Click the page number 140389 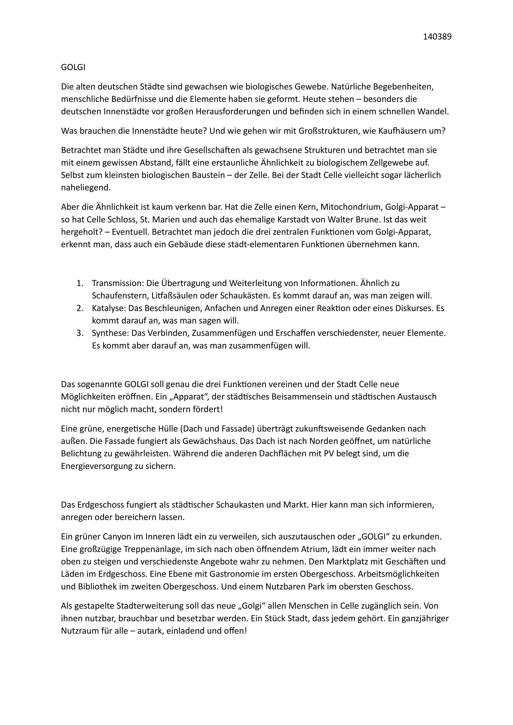click(x=437, y=37)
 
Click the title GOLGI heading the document click(x=73, y=68)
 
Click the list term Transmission click(x=117, y=283)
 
